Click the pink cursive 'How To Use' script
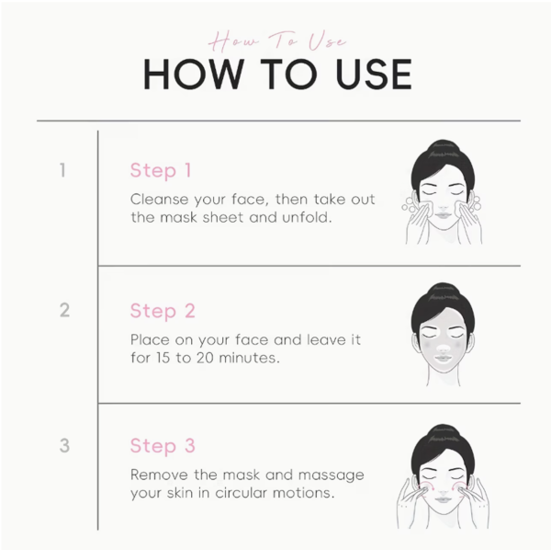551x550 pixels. tap(277, 41)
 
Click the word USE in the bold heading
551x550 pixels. tap(374, 74)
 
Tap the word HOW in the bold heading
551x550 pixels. tap(194, 74)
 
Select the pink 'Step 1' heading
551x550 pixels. tap(161, 171)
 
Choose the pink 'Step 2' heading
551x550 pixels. tap(163, 311)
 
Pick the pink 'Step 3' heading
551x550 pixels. tap(163, 446)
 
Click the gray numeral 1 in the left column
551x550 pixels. tap(62, 170)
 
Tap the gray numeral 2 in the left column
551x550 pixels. tap(64, 310)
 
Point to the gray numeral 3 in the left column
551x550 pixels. tap(64, 445)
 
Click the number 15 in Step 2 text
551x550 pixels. tap(163, 358)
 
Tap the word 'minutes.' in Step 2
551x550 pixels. tap(249, 358)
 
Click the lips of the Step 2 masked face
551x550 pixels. tap(444, 358)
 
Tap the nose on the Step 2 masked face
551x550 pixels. tap(444, 348)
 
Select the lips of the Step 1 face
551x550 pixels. tap(444, 215)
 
